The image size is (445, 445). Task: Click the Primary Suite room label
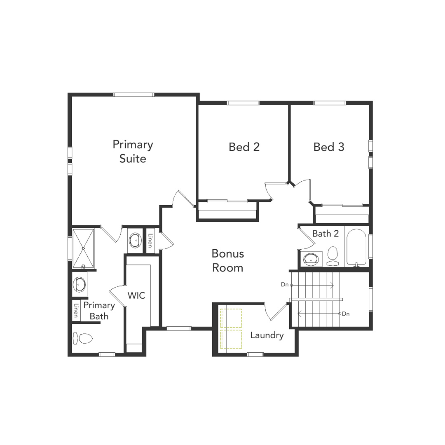click(133, 151)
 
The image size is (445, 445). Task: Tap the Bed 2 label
click(244, 147)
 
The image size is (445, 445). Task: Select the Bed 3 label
click(329, 147)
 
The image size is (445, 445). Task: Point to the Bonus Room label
click(227, 260)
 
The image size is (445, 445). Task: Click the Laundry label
click(267, 335)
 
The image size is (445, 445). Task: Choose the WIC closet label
click(136, 295)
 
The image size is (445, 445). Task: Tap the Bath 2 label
click(326, 234)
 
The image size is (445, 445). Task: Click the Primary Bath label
click(99, 311)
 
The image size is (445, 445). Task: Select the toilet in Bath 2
click(332, 256)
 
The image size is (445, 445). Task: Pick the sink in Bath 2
click(311, 259)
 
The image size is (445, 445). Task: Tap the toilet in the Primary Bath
click(83, 339)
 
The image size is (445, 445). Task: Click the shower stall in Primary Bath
click(83, 248)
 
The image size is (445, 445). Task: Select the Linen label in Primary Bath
click(76, 310)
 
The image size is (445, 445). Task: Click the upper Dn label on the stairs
click(285, 284)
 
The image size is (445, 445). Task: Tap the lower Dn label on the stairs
click(346, 314)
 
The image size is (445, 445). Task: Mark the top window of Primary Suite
click(133, 95)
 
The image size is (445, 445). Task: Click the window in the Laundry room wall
click(255, 354)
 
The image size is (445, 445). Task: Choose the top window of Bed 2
click(243, 103)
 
